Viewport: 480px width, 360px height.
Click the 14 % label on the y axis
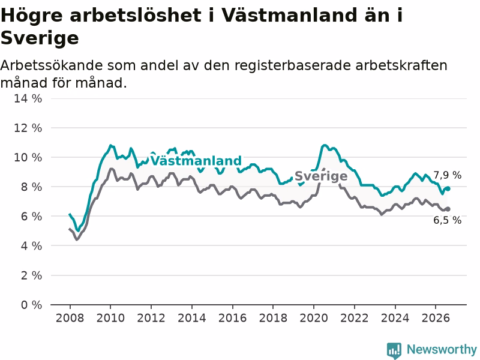click(x=28, y=98)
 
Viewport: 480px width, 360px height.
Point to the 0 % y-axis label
click(x=31, y=305)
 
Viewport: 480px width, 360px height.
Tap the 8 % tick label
click(x=31, y=187)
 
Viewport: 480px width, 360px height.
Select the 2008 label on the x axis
click(x=70, y=318)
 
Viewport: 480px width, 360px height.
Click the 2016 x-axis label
click(x=232, y=318)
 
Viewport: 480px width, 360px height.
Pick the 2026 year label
click(x=436, y=318)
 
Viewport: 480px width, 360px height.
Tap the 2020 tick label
click(x=314, y=318)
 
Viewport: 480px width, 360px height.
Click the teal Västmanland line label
click(x=196, y=161)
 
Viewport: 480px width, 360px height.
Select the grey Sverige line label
click(x=321, y=176)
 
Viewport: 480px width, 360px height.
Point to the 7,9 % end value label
click(x=447, y=175)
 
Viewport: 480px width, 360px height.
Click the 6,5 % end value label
click(x=447, y=220)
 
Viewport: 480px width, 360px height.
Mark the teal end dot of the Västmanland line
click(x=448, y=188)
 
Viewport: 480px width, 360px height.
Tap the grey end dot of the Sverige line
click(x=448, y=209)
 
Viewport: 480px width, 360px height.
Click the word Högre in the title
click(x=32, y=16)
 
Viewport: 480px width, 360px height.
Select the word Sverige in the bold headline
click(x=40, y=38)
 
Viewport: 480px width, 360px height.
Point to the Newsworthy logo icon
click(x=394, y=350)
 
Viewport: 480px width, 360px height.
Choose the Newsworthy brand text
click(x=442, y=349)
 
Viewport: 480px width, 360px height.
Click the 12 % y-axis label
click(x=28, y=128)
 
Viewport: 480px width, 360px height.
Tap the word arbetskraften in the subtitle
click(x=401, y=65)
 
